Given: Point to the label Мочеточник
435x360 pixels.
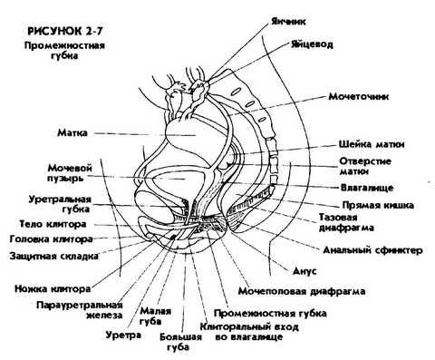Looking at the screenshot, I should click(360, 95).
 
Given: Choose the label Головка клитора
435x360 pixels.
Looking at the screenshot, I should click(44, 240).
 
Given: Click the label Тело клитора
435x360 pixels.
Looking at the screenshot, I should click(52, 223).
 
